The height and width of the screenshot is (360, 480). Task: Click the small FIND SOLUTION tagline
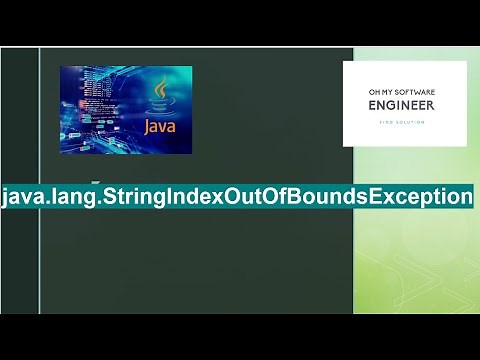click(x=404, y=122)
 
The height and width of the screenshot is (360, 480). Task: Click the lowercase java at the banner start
click(x=22, y=196)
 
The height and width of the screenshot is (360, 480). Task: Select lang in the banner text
click(x=71, y=196)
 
